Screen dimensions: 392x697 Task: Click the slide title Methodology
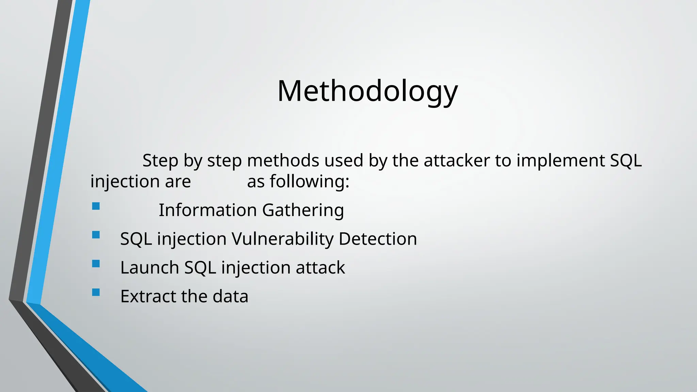368,91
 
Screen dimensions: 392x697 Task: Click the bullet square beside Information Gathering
96,206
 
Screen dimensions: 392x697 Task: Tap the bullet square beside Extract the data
96,292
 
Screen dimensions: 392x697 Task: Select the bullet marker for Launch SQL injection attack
96,264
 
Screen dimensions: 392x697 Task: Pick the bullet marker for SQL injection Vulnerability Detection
96,235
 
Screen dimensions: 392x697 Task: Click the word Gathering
303,210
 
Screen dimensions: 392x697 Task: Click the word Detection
378,239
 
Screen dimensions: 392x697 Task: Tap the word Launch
149,267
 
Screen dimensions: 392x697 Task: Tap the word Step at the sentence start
160,161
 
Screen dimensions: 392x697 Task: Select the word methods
283,161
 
